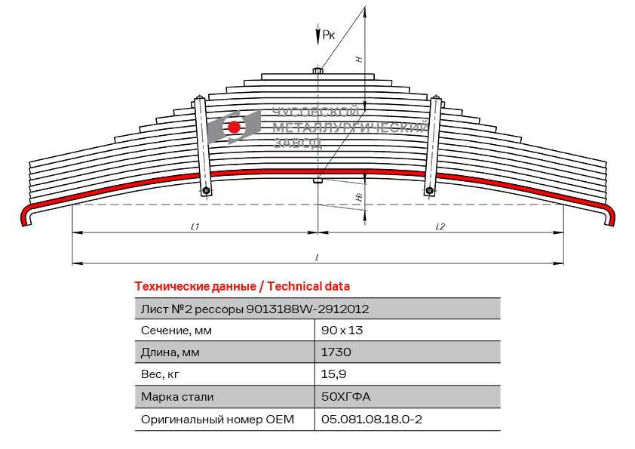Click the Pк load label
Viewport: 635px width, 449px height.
click(329, 35)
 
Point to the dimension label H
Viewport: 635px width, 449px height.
click(359, 59)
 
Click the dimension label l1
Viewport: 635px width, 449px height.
click(195, 226)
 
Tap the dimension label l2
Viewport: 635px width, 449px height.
click(440, 226)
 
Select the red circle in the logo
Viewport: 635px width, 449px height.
click(234, 127)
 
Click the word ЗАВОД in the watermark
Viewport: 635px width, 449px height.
click(298, 143)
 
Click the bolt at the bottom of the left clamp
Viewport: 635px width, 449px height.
click(206, 190)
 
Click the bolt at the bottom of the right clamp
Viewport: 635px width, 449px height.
click(430, 190)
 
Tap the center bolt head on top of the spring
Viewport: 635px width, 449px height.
click(318, 71)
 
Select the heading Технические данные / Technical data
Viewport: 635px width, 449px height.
click(242, 287)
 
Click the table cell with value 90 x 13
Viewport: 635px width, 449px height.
click(342, 331)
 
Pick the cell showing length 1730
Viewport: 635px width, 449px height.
click(336, 352)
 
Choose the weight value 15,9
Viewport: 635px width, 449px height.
click(333, 374)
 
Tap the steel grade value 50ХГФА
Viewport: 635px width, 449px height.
click(345, 396)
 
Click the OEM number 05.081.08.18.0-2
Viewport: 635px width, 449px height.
click(371, 419)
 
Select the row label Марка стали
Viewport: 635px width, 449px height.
click(177, 396)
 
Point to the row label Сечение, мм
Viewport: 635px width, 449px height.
click(176, 331)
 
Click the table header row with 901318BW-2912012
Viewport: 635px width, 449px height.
click(317, 309)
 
